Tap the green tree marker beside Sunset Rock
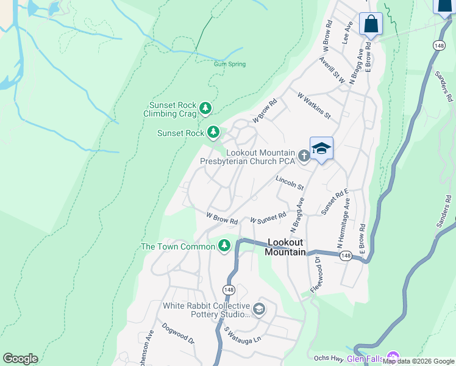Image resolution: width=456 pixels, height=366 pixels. (213, 132)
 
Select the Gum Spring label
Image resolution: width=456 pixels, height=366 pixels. (230, 64)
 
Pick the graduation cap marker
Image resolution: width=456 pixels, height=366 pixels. (321, 149)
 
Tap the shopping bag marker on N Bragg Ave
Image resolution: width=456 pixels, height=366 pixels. (371, 24)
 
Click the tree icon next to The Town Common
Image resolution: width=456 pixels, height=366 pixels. (224, 246)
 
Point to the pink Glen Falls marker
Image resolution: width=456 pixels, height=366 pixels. (393, 358)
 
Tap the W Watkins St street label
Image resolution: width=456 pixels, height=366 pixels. (313, 106)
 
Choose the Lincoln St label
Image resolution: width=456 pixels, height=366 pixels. (290, 183)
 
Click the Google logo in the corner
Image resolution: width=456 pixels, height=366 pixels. (20, 358)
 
